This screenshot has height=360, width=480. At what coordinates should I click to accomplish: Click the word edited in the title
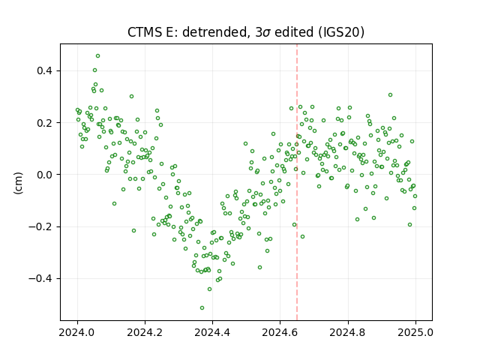pos(294,32)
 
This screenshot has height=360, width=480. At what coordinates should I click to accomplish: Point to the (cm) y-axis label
pos(18,183)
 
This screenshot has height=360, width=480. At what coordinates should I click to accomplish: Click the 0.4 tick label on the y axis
pos(45,70)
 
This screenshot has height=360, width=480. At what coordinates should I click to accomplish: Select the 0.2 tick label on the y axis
pos(45,123)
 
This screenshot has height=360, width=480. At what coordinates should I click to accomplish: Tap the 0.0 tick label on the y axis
pos(45,175)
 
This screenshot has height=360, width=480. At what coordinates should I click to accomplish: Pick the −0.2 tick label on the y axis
pos(40,226)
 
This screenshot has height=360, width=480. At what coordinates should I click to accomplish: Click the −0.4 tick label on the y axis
pos(40,278)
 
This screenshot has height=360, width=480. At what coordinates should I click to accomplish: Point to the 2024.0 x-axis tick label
pos(77,332)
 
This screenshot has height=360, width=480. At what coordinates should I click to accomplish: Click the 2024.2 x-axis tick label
pos(145,332)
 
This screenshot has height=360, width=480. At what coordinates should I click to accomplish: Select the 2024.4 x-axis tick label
pos(212,332)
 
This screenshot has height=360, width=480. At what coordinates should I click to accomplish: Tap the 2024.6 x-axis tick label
pos(280,332)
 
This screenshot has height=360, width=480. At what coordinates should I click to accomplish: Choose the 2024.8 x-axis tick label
pos(347,332)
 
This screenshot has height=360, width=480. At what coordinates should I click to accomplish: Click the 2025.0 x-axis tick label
pos(415,332)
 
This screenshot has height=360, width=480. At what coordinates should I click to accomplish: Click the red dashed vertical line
pos(297,182)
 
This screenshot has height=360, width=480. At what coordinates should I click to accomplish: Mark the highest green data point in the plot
pos(97,56)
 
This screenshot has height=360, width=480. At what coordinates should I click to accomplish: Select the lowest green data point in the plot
pos(202,307)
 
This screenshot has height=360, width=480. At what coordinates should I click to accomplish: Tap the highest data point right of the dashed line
pos(390,95)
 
